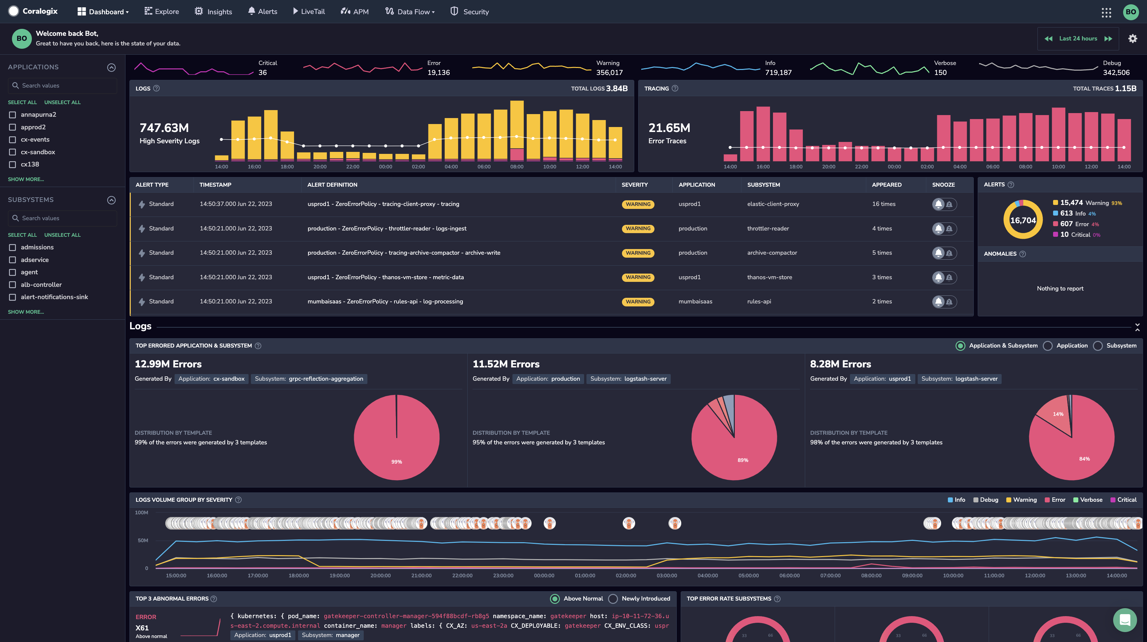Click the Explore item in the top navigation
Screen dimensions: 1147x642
(x=162, y=12)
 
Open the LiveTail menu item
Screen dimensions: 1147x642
(x=309, y=12)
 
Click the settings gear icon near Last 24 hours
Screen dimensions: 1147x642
(x=1133, y=39)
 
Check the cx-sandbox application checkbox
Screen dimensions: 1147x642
(x=13, y=152)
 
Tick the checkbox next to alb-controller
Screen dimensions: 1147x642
(x=13, y=285)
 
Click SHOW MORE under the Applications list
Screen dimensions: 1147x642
(x=26, y=179)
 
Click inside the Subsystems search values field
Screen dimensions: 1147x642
(x=62, y=218)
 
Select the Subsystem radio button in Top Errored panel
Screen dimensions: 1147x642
(x=1098, y=346)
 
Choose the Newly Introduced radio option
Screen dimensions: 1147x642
(x=613, y=599)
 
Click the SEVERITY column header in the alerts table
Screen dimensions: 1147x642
(x=635, y=185)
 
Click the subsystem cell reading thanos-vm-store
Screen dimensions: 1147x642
(x=769, y=277)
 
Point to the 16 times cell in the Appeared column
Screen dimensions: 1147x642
(x=884, y=204)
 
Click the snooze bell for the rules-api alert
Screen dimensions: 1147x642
(x=939, y=302)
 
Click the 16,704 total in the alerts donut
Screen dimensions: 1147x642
(x=1023, y=220)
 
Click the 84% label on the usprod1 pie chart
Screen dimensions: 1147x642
(x=1085, y=459)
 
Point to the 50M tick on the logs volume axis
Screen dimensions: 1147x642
(x=143, y=541)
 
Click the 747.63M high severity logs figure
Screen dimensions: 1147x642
(x=164, y=128)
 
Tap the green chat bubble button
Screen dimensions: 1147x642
(x=1125, y=620)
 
